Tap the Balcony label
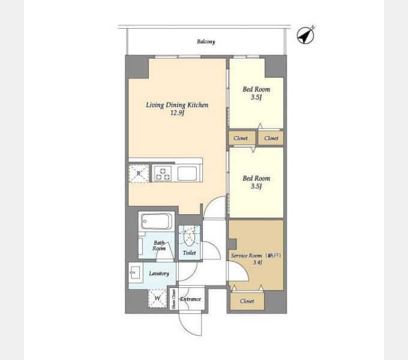[x=206, y=42]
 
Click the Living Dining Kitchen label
[x=177, y=108]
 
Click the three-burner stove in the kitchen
[x=163, y=173]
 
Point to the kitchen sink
[x=187, y=173]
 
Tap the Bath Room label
[x=159, y=245]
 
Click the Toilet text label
[x=190, y=254]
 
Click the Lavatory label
[x=159, y=274]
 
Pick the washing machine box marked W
[x=158, y=297]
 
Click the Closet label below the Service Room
[x=247, y=301]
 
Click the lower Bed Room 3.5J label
[x=256, y=182]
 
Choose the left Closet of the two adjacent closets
[x=241, y=138]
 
